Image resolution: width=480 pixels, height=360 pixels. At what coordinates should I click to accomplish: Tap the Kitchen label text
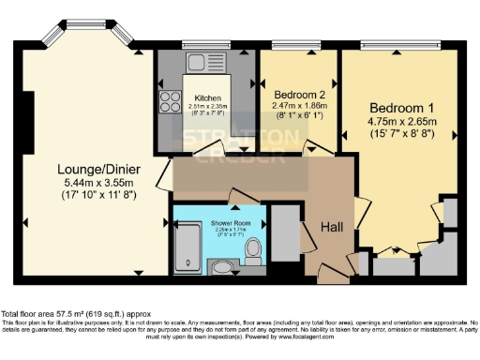(208, 97)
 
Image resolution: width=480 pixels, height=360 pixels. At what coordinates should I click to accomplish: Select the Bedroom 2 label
(298, 94)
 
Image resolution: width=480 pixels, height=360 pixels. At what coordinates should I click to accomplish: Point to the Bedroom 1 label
(401, 106)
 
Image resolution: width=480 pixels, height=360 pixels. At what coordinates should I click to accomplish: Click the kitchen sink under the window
(199, 63)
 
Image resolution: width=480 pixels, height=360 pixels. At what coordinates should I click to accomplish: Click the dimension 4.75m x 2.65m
(401, 122)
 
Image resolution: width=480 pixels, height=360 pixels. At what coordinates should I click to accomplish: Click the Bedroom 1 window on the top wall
(400, 44)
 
